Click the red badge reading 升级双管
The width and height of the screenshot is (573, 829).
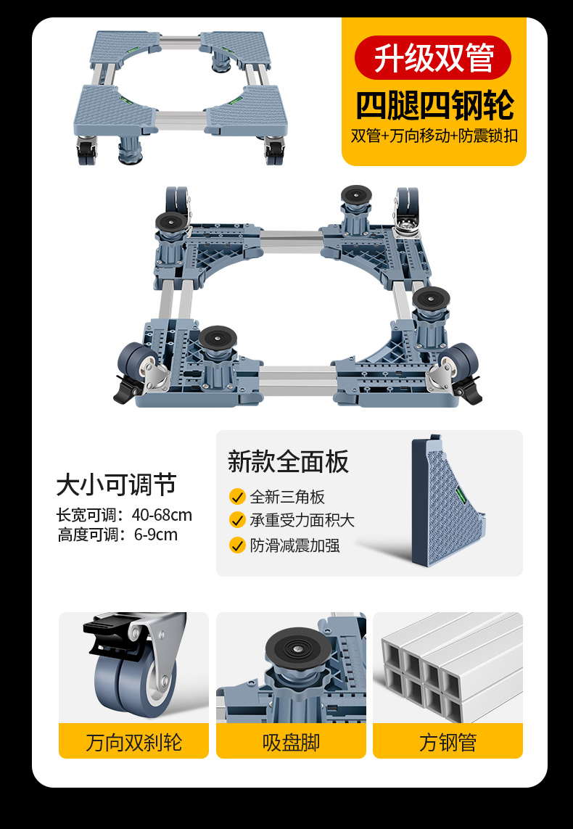coord(432,57)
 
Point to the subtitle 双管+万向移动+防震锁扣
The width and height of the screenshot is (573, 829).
coord(434,136)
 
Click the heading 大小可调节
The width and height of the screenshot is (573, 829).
coord(116,484)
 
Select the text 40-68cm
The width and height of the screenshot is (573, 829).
coord(162,515)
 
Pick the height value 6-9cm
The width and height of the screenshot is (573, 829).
coord(156,535)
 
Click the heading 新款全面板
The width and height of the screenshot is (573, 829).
coord(288,461)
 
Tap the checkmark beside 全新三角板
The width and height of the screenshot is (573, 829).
coord(237,497)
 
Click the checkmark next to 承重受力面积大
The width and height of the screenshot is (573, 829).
coord(237,520)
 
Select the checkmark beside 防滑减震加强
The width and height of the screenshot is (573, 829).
coord(237,545)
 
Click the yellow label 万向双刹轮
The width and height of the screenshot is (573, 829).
coord(133,741)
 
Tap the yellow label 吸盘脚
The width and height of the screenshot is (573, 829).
coord(292,741)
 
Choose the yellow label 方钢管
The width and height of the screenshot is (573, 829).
coord(448,741)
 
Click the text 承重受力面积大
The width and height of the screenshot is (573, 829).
coord(302,520)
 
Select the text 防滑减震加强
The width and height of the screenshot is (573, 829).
coord(294,545)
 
